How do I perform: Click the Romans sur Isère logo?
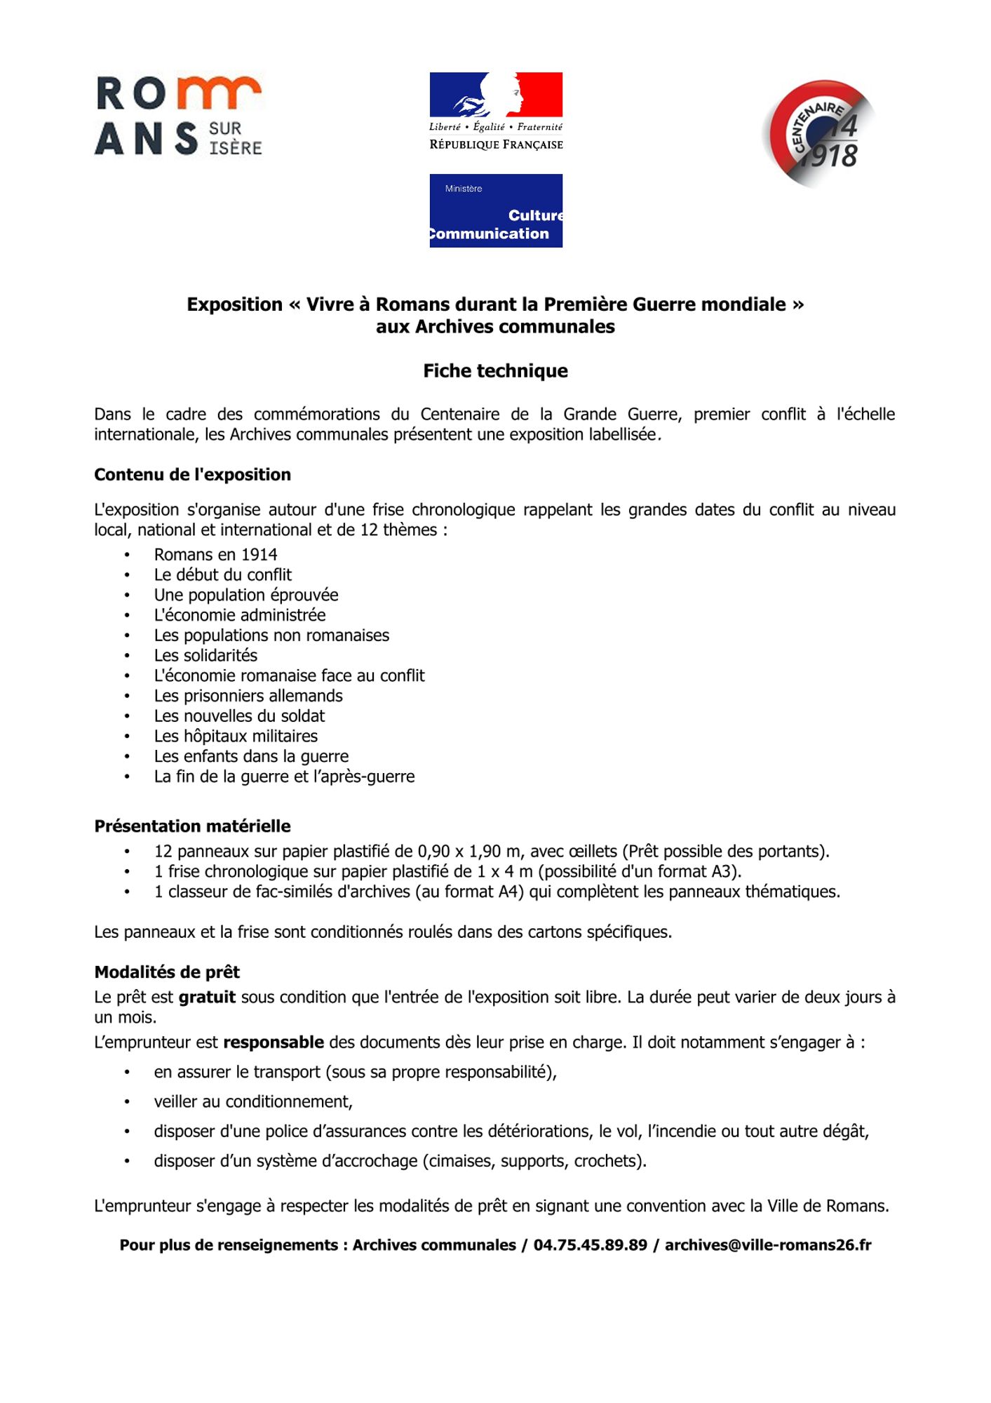point(178,116)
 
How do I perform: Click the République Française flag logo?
point(496,111)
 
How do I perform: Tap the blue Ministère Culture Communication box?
point(496,210)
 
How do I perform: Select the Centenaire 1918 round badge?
point(818,133)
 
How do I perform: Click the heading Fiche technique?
point(495,370)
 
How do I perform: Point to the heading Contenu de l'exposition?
point(192,475)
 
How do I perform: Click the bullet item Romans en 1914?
point(215,555)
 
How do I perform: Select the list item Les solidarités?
point(205,656)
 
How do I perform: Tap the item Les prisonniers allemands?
point(248,696)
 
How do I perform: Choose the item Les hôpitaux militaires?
point(236,737)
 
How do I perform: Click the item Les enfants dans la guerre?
point(251,756)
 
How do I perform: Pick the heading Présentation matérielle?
point(192,826)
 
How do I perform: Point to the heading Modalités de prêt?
point(167,972)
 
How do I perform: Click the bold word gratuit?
point(207,998)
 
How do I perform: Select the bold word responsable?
point(274,1042)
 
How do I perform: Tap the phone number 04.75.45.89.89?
point(590,1245)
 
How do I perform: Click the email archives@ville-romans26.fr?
point(768,1245)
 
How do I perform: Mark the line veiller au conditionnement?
point(253,1102)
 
